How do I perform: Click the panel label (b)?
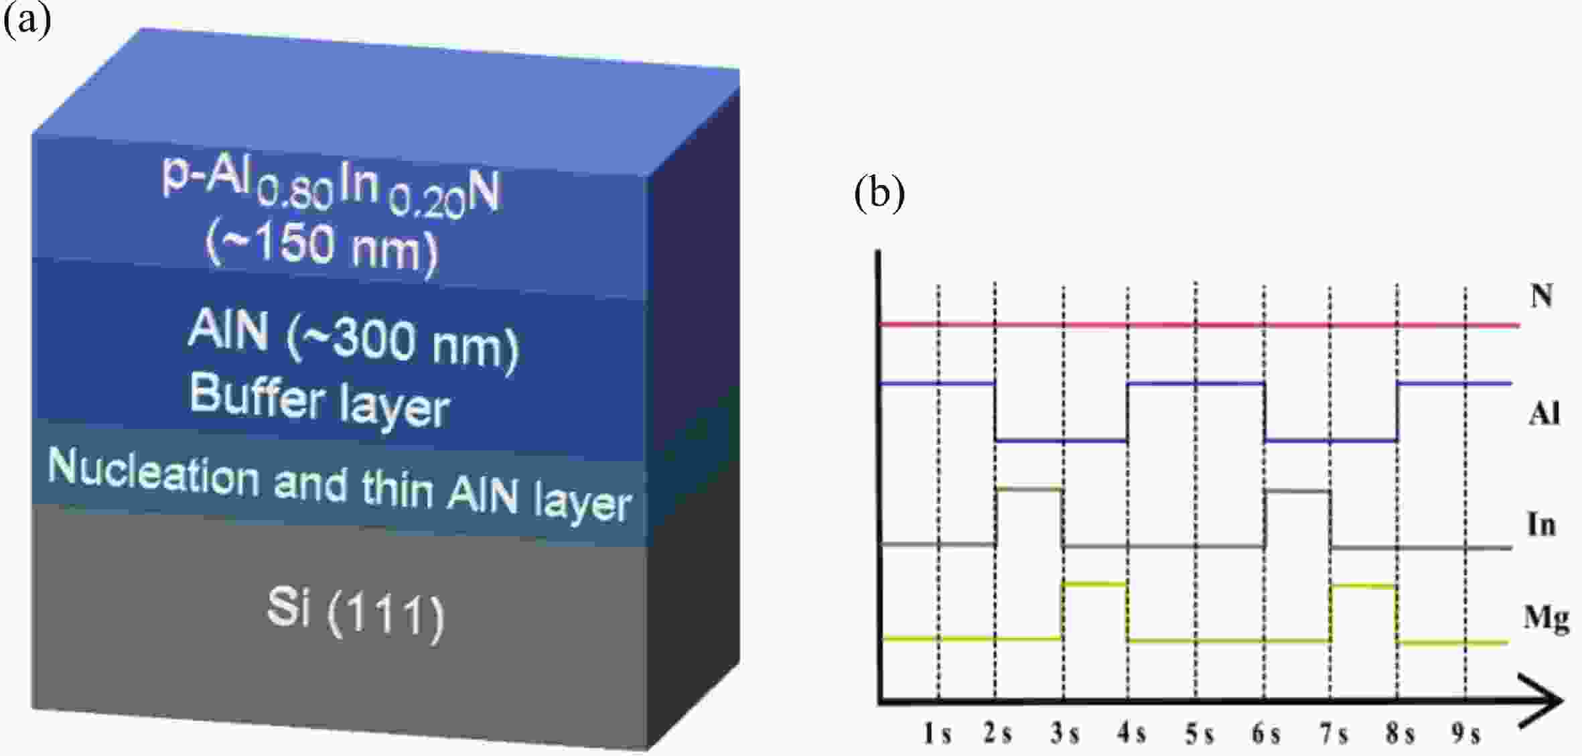(x=879, y=194)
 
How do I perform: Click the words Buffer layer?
(x=319, y=400)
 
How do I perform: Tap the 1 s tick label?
(x=937, y=734)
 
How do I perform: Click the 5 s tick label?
(x=1199, y=734)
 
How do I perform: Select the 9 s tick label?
(x=1465, y=734)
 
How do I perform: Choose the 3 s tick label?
(x=1064, y=734)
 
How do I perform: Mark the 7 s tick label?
(x=1334, y=734)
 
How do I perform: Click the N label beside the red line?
(x=1542, y=295)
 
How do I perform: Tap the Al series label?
(x=1544, y=414)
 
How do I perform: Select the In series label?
(x=1541, y=524)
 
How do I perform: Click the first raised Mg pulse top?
(x=1094, y=584)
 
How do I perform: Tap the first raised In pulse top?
(x=1029, y=489)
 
